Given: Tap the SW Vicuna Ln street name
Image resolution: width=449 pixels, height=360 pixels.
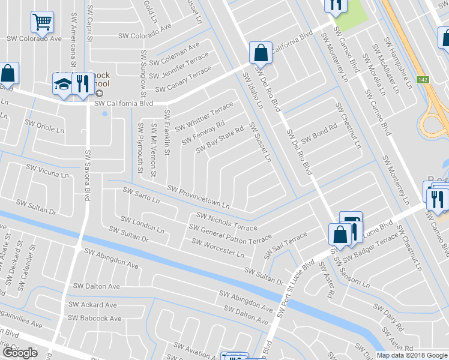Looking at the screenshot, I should point(47,171).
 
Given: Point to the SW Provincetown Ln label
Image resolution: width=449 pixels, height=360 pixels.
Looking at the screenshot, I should point(198,197).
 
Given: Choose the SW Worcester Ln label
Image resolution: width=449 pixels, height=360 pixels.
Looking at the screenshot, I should point(217,248).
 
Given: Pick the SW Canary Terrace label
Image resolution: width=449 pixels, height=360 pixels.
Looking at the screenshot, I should point(183,80).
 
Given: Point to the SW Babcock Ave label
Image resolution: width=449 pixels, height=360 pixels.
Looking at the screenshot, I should point(94,318).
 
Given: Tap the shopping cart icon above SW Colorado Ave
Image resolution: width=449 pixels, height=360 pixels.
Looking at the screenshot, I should point(43,22).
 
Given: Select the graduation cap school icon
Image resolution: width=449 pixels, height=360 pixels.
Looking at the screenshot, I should point(62,84).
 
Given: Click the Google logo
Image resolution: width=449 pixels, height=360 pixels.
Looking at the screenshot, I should point(20,353).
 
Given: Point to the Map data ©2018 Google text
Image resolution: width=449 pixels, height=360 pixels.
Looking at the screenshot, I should point(411,355).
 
